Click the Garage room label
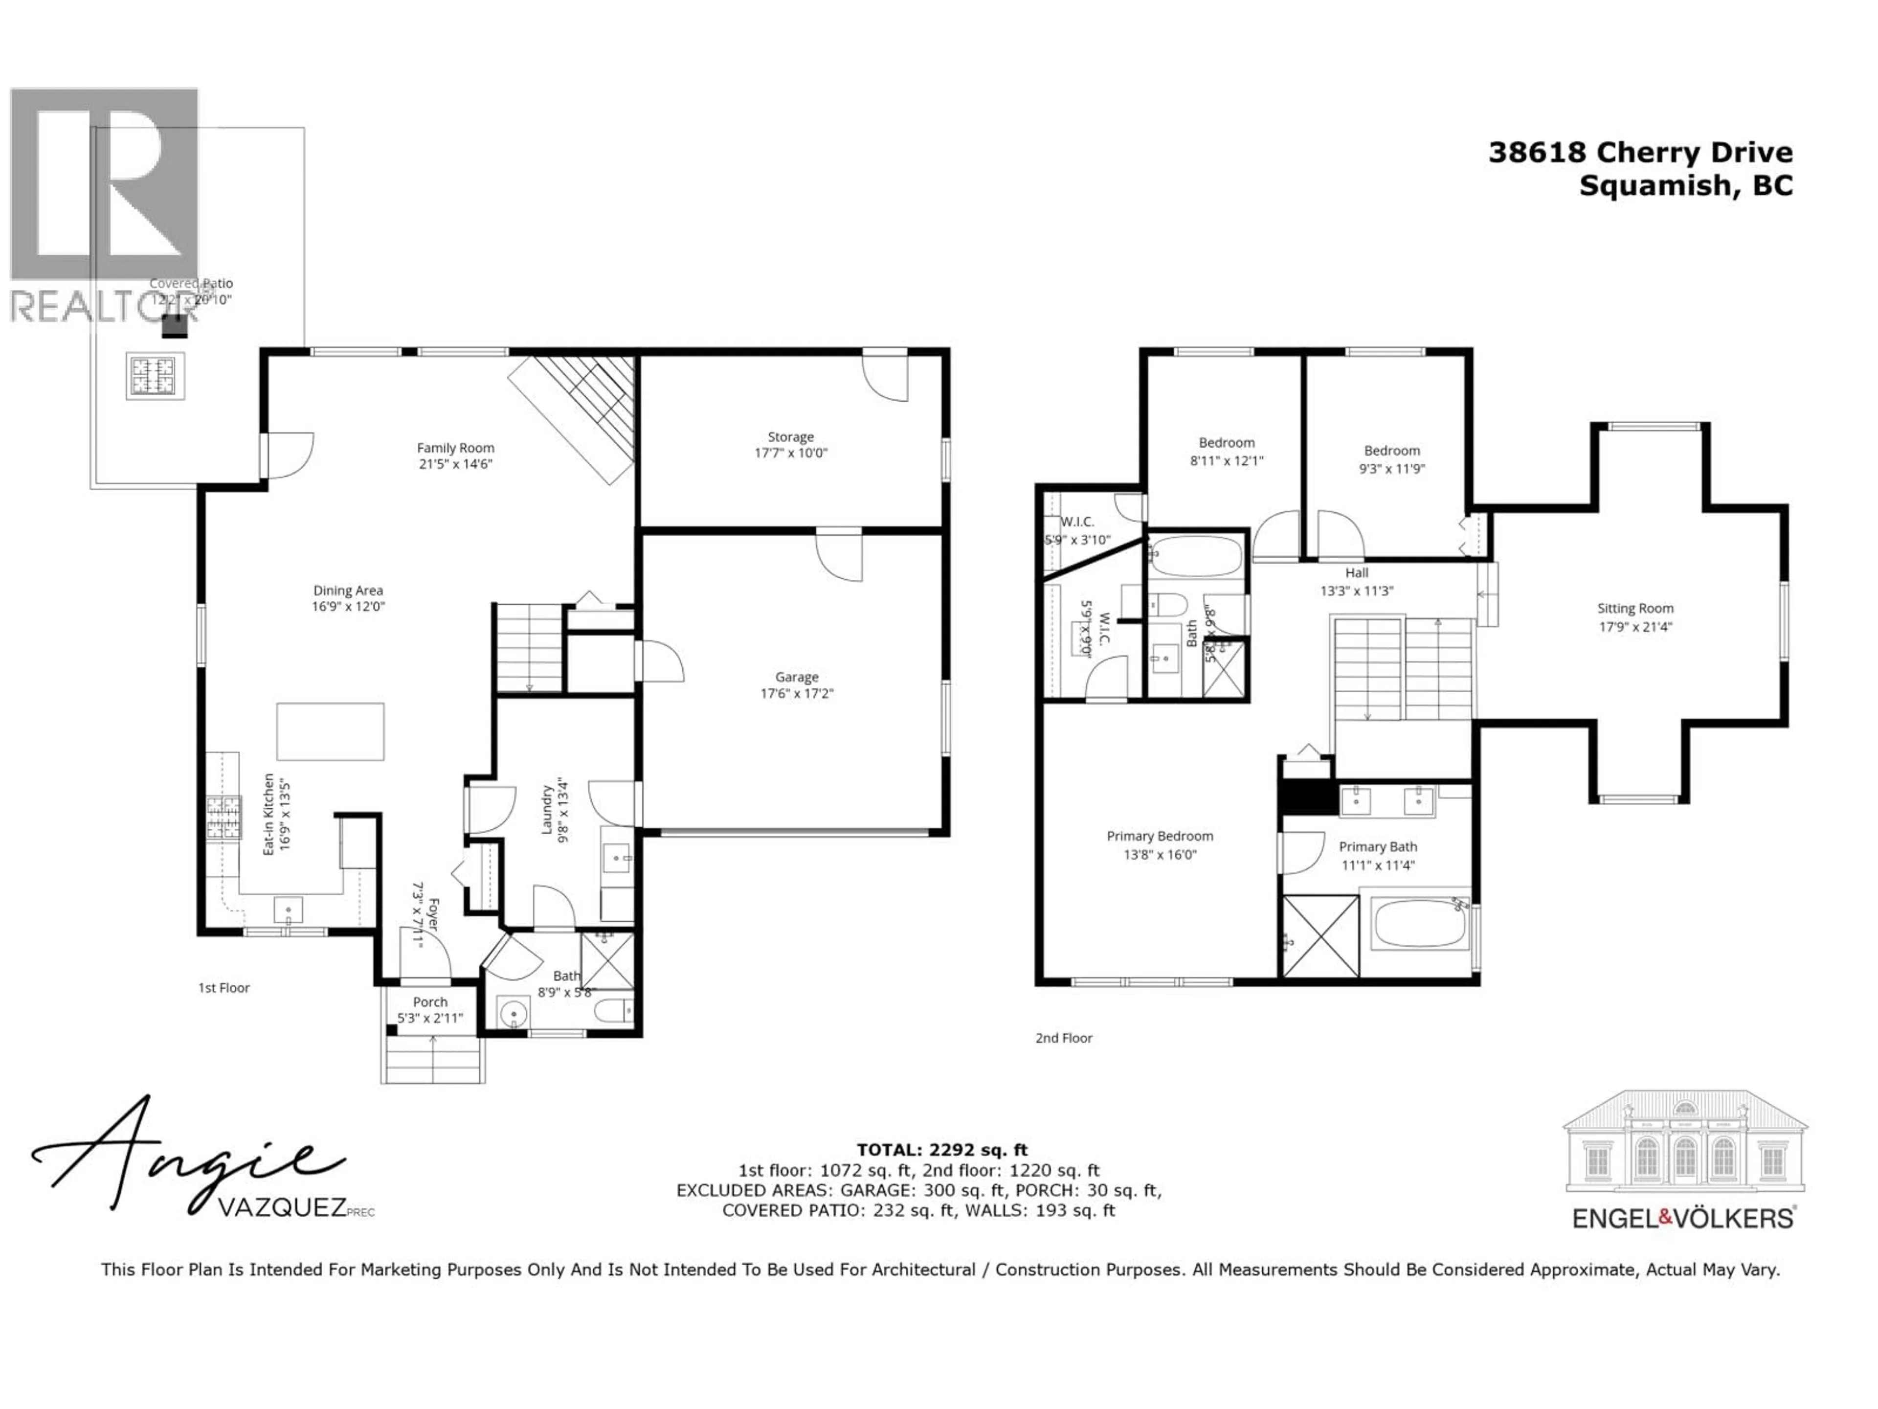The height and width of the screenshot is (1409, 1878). pos(796,677)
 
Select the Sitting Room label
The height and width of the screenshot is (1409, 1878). pos(1635,608)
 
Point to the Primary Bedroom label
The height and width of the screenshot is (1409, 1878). pos(1160,836)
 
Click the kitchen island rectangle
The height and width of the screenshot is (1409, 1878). pos(330,731)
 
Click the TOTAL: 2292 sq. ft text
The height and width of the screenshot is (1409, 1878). pos(941,1150)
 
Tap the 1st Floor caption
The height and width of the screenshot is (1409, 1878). pos(224,988)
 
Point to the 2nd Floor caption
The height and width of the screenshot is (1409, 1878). pos(1064,1038)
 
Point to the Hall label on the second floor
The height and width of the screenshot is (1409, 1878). pos(1356,573)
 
